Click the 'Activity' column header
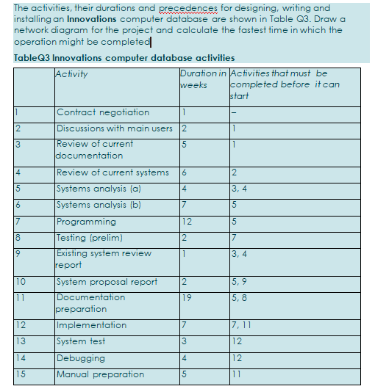(x=71, y=74)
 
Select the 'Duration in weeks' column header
(x=203, y=79)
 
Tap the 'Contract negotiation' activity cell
(x=102, y=112)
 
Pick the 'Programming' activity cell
(x=86, y=222)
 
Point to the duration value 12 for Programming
(x=187, y=222)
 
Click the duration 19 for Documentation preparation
(x=187, y=297)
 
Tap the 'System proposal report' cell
(x=107, y=281)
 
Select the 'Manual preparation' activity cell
(x=100, y=374)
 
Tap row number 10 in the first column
(x=21, y=281)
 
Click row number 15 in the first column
(x=21, y=374)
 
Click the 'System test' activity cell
(x=81, y=341)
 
